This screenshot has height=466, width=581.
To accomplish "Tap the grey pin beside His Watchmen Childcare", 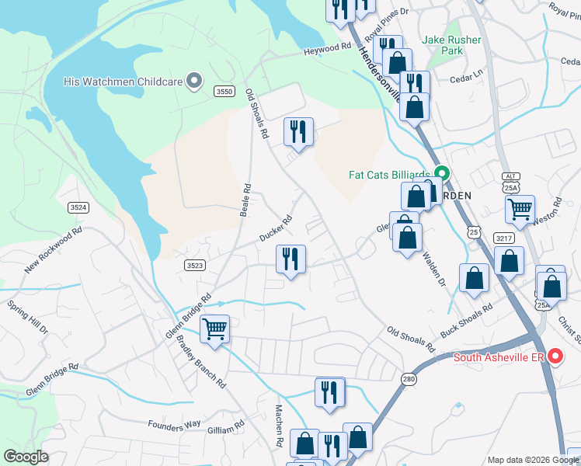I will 195,80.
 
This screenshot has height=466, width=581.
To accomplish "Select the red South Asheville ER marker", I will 555,356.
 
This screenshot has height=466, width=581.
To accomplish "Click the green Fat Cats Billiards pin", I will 442,173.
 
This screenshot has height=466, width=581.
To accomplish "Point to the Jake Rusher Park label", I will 451,45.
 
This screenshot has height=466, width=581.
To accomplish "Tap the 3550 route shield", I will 224,92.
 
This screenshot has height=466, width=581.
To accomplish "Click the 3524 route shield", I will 78,207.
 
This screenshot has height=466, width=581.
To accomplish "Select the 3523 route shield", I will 194,265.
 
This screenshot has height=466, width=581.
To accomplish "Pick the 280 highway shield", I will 409,378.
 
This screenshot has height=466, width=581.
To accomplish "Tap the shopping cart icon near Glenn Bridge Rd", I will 214,329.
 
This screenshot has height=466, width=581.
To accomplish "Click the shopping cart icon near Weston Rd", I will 520,208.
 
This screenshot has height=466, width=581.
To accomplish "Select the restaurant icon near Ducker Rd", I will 291,260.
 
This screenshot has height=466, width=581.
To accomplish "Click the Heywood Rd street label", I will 326,48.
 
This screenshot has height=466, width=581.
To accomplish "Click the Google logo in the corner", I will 26,457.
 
